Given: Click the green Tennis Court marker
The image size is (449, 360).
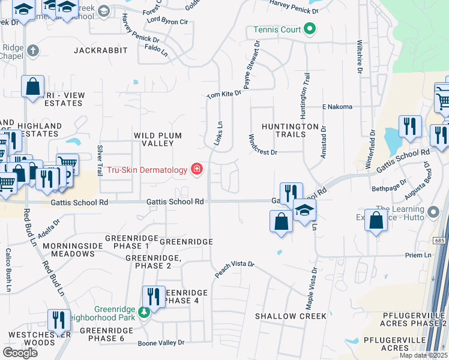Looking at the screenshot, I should tap(310, 29).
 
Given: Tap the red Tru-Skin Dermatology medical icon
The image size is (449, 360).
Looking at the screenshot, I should tap(196, 170).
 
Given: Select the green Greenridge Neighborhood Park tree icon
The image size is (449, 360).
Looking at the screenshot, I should tap(143, 312).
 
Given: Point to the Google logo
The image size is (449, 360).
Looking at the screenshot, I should tap(20, 352).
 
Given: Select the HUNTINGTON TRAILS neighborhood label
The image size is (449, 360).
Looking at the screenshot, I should tap(290, 130).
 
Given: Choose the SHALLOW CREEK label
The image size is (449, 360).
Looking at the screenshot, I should tap(291, 316).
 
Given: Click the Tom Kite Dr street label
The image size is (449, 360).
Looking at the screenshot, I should tap(224, 94).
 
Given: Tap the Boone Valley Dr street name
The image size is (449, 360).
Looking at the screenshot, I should tap(161, 343).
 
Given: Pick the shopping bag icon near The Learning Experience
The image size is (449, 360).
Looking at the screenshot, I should tap(376, 221).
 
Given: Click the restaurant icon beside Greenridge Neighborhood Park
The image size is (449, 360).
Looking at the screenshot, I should tap(154, 296).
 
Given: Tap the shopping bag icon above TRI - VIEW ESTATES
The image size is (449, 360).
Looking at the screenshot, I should tap(32, 85).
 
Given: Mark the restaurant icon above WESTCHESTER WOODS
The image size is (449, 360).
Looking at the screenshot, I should tap(59, 320).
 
